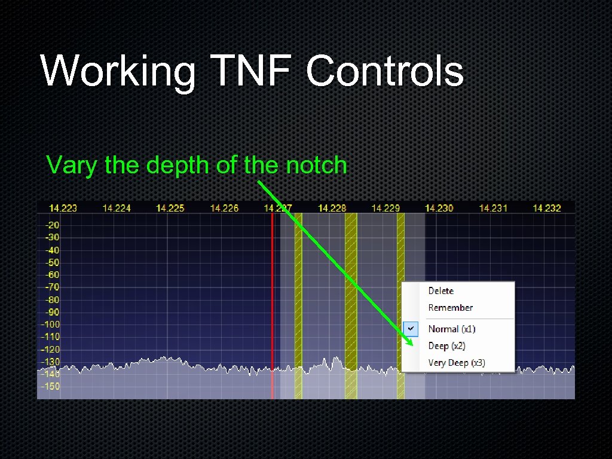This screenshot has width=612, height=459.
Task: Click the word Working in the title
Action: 118,72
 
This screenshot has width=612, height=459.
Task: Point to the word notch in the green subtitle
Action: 316,164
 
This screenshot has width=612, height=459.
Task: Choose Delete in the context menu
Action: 441,291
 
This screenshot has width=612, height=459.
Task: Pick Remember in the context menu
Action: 451,308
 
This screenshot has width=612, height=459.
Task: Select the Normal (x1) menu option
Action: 452,329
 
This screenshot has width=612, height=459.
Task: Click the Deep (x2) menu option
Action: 446,346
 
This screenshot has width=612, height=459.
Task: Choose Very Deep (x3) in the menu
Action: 457,363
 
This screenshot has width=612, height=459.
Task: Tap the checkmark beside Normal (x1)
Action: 411,329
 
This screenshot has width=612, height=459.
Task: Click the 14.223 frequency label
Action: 63,208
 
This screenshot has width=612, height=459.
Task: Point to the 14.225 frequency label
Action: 170,208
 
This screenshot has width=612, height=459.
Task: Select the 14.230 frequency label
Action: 439,208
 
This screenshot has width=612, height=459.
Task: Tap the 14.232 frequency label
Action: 547,208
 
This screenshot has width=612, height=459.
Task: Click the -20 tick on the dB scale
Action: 53,225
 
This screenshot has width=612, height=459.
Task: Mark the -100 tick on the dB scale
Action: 51,325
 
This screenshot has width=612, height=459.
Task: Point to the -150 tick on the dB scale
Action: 51,386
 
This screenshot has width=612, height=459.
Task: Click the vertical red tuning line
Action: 273,299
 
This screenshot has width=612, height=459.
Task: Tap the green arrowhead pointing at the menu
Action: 412,342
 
